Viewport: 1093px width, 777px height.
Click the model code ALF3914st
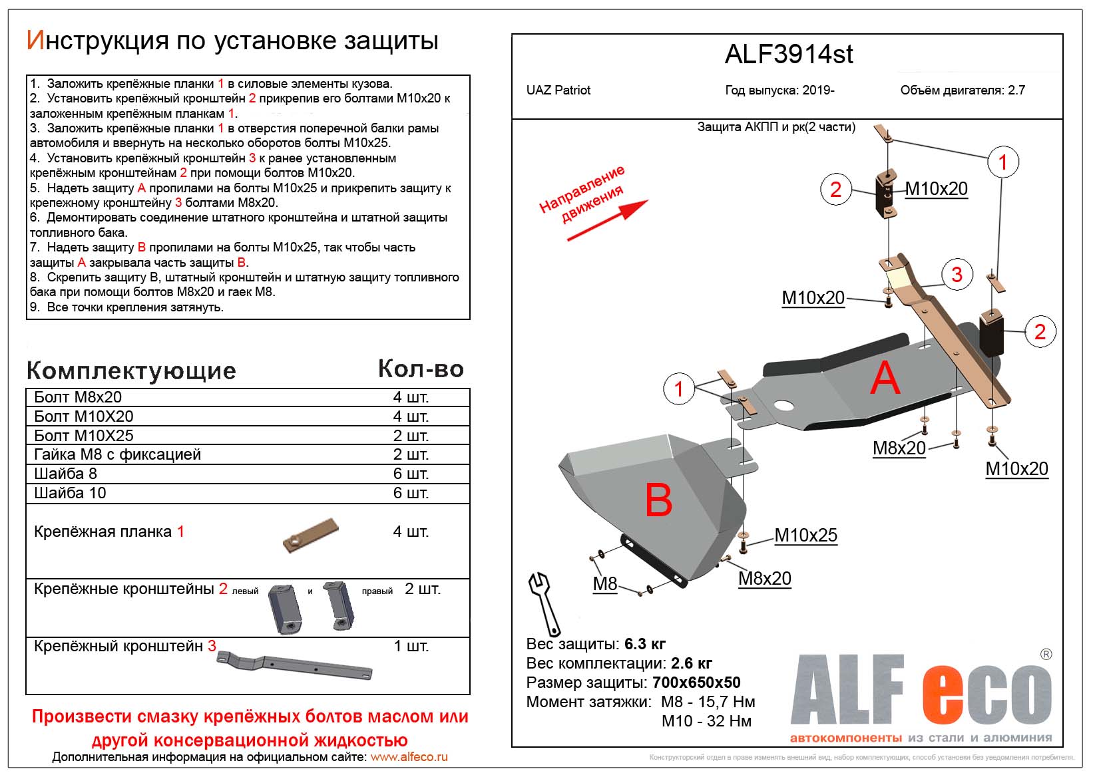click(x=789, y=54)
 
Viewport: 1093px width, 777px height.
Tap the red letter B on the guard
click(x=658, y=500)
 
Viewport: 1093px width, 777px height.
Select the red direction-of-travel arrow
click(x=607, y=220)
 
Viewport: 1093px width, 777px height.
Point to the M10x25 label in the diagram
click(x=805, y=535)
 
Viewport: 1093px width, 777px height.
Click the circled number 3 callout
click(x=957, y=275)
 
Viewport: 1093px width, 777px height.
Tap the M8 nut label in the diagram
click(x=604, y=583)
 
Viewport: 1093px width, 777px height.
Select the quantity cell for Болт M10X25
click(x=411, y=435)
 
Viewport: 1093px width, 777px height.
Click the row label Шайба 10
click(x=70, y=493)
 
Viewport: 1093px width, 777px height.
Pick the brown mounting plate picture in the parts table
click(x=310, y=535)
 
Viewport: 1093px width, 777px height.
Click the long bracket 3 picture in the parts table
click(x=294, y=665)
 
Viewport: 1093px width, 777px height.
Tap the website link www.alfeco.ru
click(x=409, y=757)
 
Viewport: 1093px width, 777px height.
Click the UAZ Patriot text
click(x=558, y=90)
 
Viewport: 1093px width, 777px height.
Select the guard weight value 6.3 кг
click(x=644, y=644)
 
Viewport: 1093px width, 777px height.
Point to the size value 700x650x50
click(x=696, y=683)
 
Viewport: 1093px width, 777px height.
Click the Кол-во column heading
click(x=421, y=369)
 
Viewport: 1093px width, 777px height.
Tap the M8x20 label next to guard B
click(x=764, y=579)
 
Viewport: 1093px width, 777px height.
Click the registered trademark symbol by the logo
click(x=1046, y=654)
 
